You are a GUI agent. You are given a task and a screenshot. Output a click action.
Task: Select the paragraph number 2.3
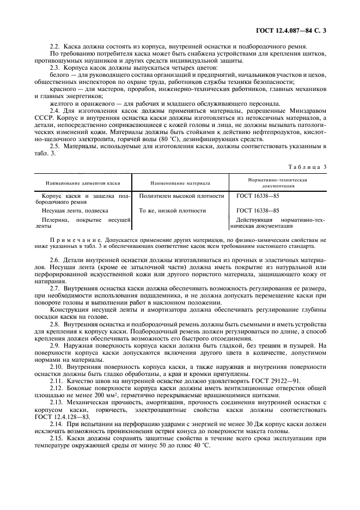click(x=55, y=67)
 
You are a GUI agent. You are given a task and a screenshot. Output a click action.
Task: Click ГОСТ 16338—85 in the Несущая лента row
click(x=258, y=210)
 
